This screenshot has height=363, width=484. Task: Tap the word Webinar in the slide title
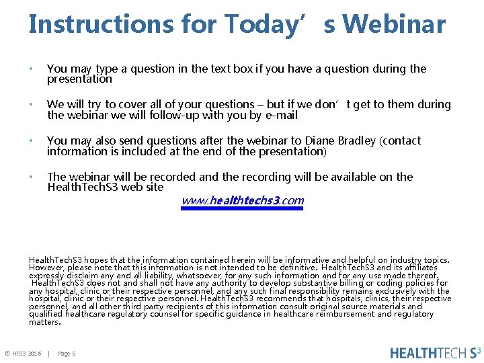click(393, 24)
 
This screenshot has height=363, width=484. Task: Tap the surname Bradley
click(358, 140)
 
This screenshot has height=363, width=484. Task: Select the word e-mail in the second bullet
click(282, 115)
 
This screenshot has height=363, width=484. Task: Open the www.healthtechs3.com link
click(243, 200)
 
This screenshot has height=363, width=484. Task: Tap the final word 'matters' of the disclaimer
click(44, 322)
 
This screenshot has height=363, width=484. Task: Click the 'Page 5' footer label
click(67, 354)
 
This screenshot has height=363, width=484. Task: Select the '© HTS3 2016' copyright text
click(24, 354)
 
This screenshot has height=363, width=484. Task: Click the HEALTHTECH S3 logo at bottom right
click(435, 352)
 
